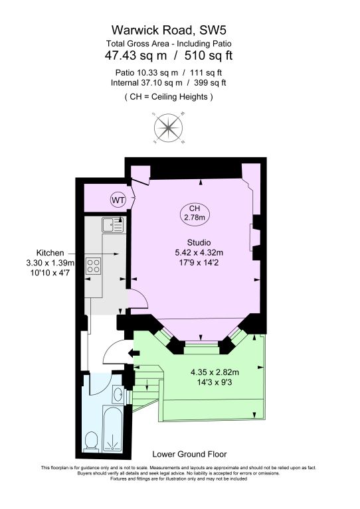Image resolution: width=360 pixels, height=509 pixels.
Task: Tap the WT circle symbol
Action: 118,199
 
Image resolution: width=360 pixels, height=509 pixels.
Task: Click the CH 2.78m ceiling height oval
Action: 195,212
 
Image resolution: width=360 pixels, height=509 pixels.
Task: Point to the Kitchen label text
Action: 50,253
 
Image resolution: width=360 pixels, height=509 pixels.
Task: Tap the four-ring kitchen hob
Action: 94,266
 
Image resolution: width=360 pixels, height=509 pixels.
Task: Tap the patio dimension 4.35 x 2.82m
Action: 214,372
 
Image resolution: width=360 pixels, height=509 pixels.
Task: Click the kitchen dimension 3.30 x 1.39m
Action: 50,263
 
